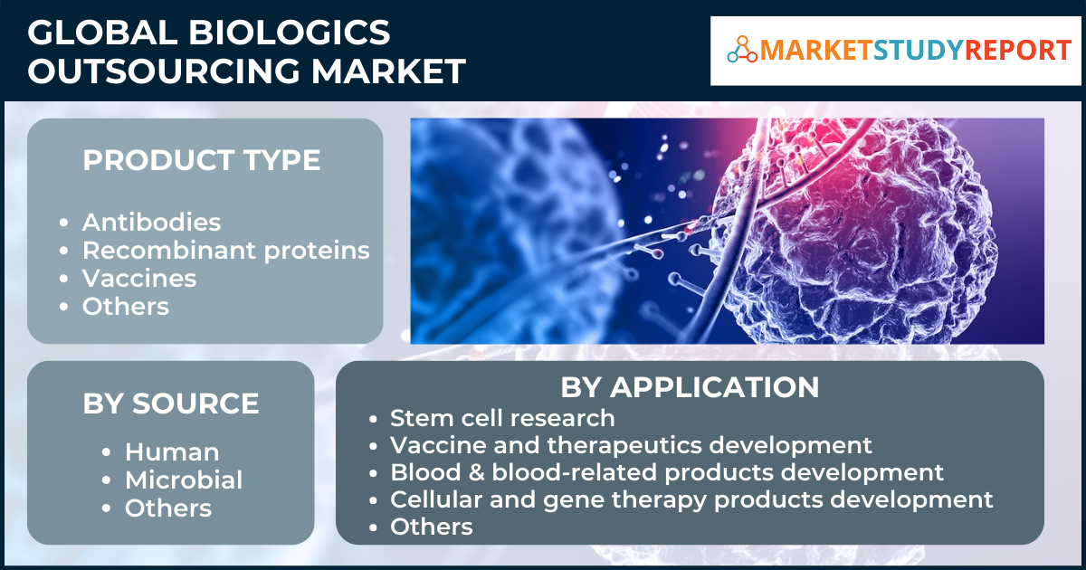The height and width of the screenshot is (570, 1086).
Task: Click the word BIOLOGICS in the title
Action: (x=289, y=33)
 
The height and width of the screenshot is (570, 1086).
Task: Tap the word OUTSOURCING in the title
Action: (x=165, y=71)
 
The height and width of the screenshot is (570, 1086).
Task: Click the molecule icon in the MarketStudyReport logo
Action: (x=742, y=50)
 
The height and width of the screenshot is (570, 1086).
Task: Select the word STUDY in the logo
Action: (x=919, y=50)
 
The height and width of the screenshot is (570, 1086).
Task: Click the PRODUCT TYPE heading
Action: (x=201, y=159)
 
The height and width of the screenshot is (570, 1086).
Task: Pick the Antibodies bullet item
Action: (x=151, y=223)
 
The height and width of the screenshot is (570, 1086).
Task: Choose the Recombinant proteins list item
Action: (x=226, y=252)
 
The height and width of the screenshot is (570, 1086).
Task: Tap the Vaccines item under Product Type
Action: (x=139, y=279)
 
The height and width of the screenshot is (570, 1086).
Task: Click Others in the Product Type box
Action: (x=126, y=307)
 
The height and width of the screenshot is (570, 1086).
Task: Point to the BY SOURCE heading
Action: (x=171, y=404)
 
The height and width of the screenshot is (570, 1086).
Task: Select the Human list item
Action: (x=172, y=452)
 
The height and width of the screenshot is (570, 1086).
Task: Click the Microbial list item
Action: (x=184, y=480)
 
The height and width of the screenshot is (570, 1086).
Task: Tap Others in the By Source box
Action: (x=168, y=508)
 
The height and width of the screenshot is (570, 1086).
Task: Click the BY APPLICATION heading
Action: (x=690, y=387)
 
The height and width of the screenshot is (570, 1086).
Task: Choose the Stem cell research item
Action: (x=502, y=418)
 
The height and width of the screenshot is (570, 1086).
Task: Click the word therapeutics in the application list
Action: (x=624, y=446)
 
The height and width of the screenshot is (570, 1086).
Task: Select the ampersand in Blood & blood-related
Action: (x=477, y=472)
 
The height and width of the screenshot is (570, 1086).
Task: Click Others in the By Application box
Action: (x=432, y=527)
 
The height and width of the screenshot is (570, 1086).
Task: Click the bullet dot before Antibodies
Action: (x=63, y=223)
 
